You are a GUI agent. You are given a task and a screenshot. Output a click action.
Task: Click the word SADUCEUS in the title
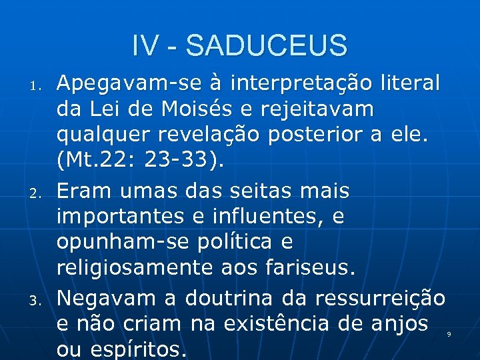[267, 46]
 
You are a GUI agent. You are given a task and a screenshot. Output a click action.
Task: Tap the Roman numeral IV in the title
[145, 46]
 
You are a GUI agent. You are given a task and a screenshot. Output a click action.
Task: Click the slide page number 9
[449, 333]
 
